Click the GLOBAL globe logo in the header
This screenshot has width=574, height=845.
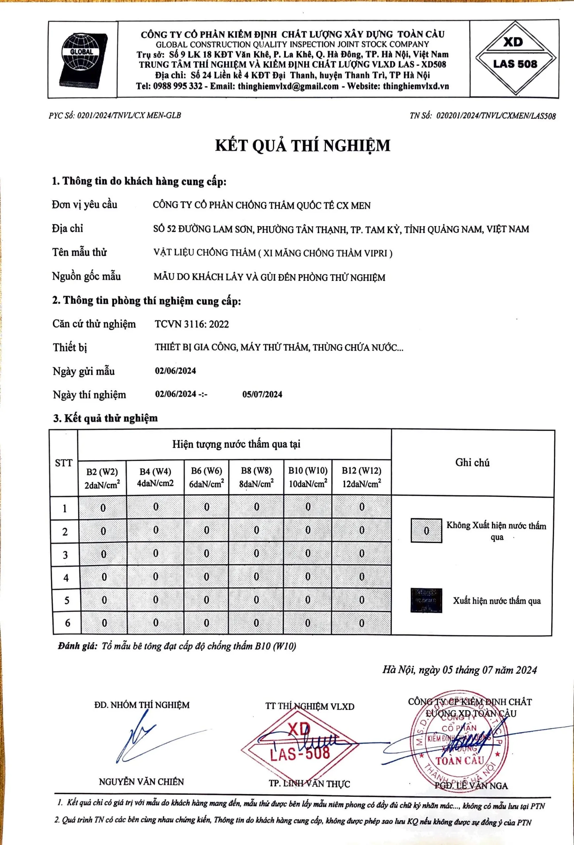point(83,60)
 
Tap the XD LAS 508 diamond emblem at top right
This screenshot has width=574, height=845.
point(515,58)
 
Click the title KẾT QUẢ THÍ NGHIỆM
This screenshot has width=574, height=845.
point(302,146)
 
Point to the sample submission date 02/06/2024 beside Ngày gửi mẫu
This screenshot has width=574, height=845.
point(175,371)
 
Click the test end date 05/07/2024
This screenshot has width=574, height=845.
point(262,394)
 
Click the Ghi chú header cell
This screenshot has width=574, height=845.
point(472,462)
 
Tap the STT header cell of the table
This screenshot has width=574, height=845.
point(64,463)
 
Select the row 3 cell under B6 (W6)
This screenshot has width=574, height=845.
point(207,554)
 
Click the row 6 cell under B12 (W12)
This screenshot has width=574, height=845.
point(362,623)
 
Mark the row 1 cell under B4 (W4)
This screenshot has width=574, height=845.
point(155,507)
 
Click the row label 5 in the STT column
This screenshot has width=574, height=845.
point(67,600)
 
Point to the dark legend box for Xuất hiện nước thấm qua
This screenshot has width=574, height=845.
point(426,600)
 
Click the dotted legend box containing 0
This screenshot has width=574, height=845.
point(426,531)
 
